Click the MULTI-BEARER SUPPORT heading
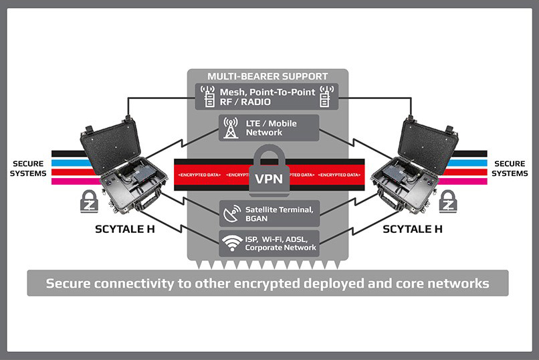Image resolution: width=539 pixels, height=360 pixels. [267, 76]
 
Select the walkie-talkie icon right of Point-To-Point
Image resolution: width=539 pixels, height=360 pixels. [327, 96]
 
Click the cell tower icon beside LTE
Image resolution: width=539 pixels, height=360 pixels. [231, 128]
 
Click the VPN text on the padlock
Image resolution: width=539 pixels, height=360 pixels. [268, 180]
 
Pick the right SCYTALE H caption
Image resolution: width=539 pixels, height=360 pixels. [412, 230]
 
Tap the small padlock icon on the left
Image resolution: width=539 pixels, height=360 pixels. [89, 202]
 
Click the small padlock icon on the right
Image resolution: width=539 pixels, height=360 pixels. [448, 202]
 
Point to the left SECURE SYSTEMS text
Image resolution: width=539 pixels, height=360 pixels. [29, 169]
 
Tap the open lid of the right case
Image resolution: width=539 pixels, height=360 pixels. [427, 143]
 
